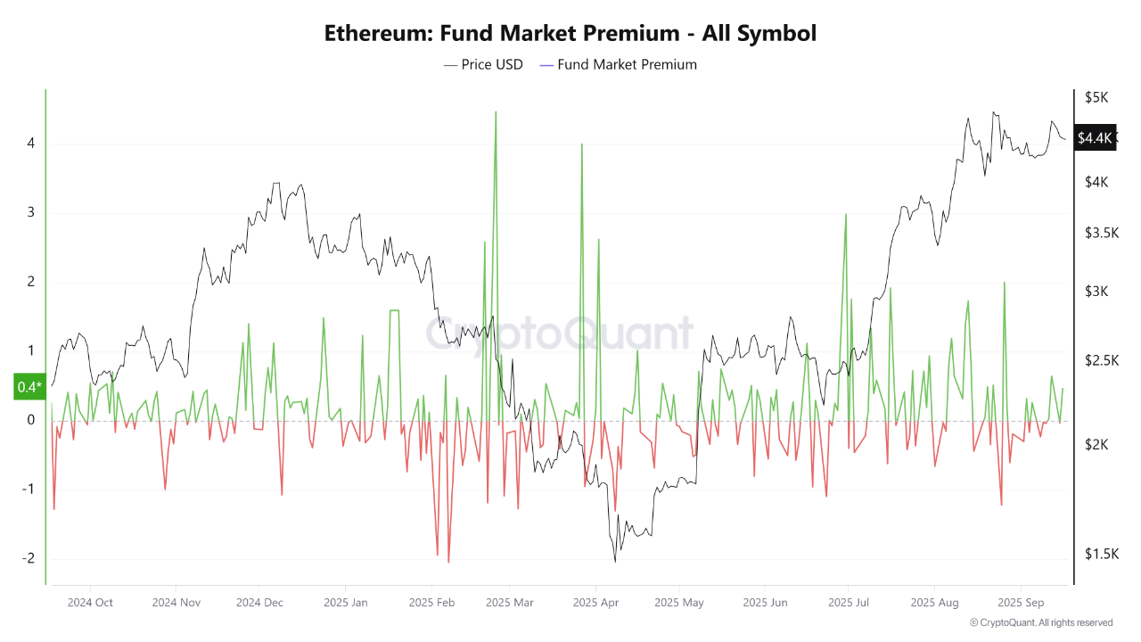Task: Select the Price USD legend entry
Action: (483, 64)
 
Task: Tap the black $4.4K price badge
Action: (1095, 137)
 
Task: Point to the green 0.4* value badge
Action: (29, 387)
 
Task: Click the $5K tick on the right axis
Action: (1096, 97)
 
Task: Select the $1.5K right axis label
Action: (1102, 554)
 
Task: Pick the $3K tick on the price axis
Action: (1096, 292)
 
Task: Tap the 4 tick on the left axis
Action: (30, 143)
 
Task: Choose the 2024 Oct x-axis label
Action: (90, 602)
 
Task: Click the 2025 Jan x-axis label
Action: (346, 602)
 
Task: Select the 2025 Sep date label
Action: (1021, 602)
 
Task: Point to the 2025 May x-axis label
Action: (679, 602)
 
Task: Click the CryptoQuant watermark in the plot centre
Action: (559, 333)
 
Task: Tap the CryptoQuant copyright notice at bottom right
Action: (1040, 622)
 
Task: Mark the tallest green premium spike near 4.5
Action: (496, 112)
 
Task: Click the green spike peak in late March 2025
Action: (581, 144)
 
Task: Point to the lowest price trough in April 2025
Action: (615, 561)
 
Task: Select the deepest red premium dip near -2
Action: (448, 562)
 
